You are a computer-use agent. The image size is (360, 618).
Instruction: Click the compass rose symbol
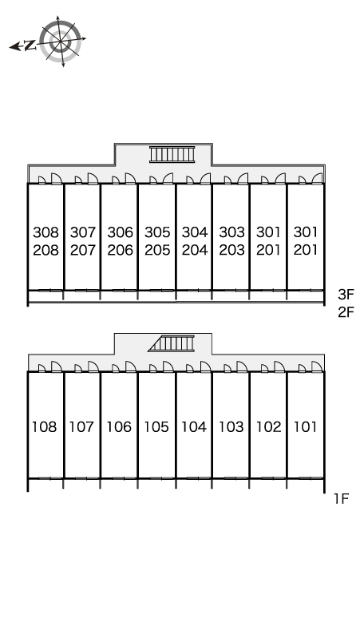click(x=60, y=42)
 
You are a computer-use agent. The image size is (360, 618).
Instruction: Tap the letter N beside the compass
click(x=30, y=46)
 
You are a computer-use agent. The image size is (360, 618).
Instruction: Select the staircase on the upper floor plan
click(x=172, y=154)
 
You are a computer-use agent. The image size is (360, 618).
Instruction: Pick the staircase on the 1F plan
click(x=172, y=343)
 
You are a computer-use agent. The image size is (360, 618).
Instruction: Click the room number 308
click(x=45, y=232)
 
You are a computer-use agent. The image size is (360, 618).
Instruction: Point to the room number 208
click(x=45, y=250)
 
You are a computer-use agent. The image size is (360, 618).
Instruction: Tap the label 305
click(x=157, y=232)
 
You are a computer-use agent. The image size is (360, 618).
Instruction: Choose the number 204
click(x=195, y=250)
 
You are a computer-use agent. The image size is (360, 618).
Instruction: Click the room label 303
click(x=231, y=232)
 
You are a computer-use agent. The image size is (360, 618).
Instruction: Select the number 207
click(x=83, y=250)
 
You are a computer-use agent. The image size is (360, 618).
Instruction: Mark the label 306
click(x=120, y=232)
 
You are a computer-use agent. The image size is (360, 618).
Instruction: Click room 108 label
click(x=44, y=426)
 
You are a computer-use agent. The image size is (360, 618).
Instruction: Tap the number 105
click(x=156, y=426)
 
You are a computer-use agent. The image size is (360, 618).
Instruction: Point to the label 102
click(x=269, y=426)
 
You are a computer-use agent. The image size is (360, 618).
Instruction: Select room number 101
click(x=305, y=426)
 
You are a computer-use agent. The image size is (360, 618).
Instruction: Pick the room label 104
click(x=194, y=426)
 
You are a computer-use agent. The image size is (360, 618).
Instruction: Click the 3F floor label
click(x=346, y=295)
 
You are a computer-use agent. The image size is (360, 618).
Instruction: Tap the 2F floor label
click(x=346, y=312)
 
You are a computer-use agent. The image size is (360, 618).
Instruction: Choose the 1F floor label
click(x=342, y=499)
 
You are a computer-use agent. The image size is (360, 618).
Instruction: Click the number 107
click(x=81, y=426)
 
